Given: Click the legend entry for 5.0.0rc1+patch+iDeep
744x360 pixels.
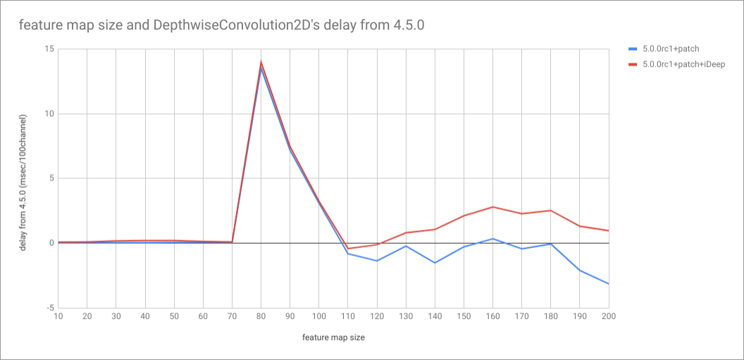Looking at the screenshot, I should tap(683, 64).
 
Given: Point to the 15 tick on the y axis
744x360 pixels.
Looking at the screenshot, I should tap(49, 49).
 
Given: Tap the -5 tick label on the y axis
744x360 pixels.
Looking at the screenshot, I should tap(49, 308).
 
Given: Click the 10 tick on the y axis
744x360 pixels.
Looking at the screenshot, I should tap(49, 114).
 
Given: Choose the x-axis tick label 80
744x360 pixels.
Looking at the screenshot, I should tap(261, 316).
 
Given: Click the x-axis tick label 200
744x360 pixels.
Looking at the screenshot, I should tap(608, 316).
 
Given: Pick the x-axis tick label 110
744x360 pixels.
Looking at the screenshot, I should tap(347, 316).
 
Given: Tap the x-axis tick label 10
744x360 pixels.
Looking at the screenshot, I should tap(58, 316).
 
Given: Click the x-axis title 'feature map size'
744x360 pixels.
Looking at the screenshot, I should tap(333, 337).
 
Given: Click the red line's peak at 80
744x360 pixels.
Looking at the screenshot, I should tap(261, 62).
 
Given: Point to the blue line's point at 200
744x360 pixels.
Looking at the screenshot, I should tap(608, 284).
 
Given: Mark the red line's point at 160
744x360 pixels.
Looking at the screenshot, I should tap(492, 207).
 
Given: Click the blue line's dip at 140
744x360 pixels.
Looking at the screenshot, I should tap(435, 263).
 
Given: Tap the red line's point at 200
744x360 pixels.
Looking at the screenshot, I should tap(608, 230).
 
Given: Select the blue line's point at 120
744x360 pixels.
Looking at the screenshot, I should tap(377, 261).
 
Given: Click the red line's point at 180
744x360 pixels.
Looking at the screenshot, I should tap(550, 211).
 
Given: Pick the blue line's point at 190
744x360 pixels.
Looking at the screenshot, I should tap(579, 270).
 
